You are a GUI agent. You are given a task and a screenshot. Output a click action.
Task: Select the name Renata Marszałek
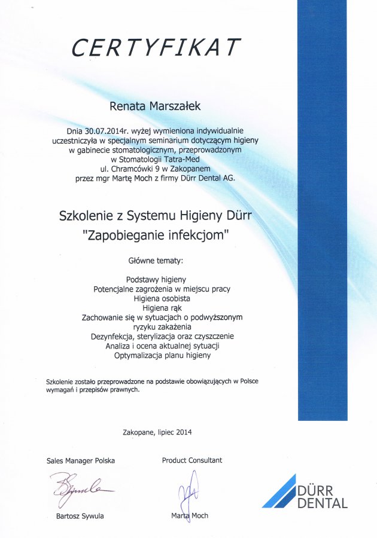(x=156, y=106)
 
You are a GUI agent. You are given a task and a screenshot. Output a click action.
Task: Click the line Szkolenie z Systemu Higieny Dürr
(x=156, y=215)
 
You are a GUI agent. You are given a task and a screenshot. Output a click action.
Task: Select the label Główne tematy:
(x=156, y=261)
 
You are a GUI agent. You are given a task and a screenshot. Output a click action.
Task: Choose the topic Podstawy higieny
(x=156, y=279)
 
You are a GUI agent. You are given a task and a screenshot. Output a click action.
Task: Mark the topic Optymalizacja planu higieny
(x=162, y=356)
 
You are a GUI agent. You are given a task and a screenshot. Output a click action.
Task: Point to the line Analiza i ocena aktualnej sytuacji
(x=162, y=346)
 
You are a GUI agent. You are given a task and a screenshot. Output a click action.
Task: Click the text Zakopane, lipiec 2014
(x=157, y=432)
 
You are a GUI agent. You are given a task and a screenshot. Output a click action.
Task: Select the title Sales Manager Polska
(x=80, y=460)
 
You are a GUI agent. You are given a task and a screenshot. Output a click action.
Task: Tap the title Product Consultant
(x=191, y=460)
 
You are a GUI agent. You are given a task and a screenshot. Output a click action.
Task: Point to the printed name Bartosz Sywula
(x=80, y=515)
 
